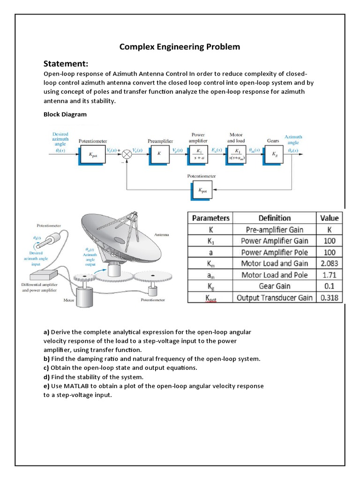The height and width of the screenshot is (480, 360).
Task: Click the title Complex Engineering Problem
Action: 180,46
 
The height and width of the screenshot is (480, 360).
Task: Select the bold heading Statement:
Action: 66,64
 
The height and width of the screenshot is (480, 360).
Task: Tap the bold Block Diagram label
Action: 65,114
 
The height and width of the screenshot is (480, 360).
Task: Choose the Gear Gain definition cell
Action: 274,286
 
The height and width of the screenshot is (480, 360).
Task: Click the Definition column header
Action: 274,218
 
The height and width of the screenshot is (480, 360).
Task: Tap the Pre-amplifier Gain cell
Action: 274,230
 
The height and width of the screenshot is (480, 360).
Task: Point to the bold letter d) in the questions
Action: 46,377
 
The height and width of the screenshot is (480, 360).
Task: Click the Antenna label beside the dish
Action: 162,234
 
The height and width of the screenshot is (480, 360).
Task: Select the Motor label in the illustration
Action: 69,300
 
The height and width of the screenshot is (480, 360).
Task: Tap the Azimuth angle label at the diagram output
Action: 293,139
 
